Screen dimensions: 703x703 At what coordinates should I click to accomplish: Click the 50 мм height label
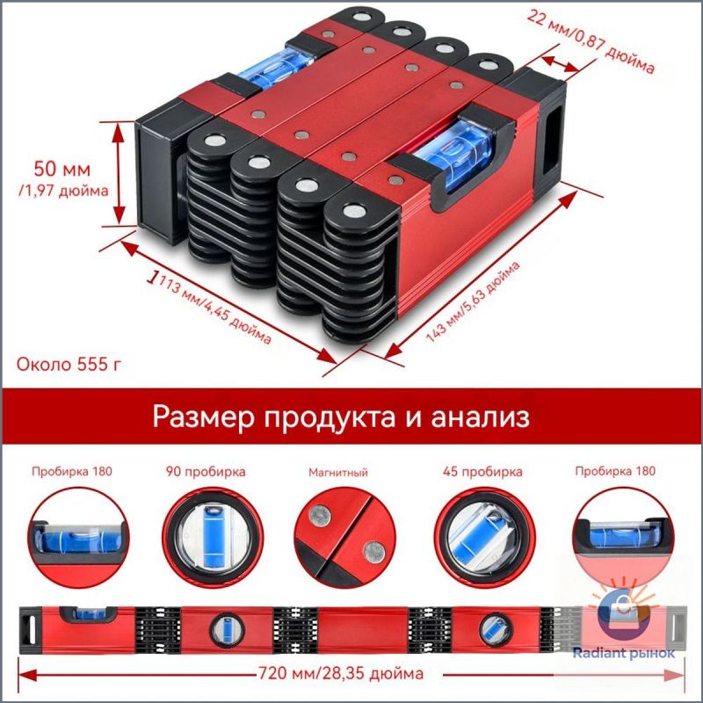(62, 169)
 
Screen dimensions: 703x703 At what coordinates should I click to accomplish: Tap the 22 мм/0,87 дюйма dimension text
(591, 40)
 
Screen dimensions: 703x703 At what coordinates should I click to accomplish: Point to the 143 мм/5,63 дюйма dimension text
(472, 301)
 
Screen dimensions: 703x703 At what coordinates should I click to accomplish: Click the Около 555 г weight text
(69, 364)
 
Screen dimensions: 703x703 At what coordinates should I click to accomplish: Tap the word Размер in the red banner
(203, 417)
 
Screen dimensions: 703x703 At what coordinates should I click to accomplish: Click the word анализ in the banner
(480, 417)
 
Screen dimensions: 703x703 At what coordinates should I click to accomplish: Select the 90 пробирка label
(206, 472)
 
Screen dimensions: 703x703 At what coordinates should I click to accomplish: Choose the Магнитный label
(338, 472)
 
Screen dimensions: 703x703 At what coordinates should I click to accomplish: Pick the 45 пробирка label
(482, 472)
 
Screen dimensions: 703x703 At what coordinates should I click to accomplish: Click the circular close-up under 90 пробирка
(213, 538)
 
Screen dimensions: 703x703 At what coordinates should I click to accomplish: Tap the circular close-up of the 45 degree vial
(485, 538)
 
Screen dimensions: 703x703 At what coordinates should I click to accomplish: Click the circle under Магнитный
(345, 538)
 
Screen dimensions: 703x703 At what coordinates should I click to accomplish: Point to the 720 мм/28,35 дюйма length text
(341, 673)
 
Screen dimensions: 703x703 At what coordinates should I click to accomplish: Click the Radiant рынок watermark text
(624, 653)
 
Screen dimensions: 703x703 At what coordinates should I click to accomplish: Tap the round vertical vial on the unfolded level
(228, 629)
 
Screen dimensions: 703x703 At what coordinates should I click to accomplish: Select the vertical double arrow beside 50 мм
(119, 173)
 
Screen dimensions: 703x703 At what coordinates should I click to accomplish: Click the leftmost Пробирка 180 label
(72, 471)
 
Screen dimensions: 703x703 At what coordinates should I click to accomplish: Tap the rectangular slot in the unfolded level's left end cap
(31, 630)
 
